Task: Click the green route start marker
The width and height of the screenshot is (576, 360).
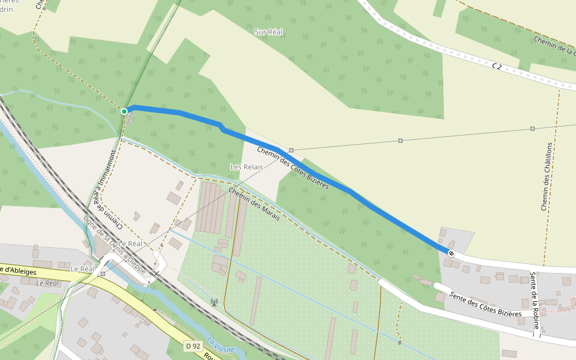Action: click(x=124, y=111)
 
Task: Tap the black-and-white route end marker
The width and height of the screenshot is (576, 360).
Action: click(x=451, y=253)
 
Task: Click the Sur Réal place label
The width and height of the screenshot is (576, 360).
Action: click(x=268, y=32)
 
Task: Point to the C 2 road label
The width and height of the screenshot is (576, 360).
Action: click(x=496, y=65)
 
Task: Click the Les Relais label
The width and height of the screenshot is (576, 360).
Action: click(x=244, y=166)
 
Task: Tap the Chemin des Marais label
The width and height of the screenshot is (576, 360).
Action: click(x=254, y=203)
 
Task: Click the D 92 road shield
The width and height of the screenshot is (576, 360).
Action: click(x=192, y=346)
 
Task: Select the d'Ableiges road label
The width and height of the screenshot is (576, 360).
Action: click(x=18, y=271)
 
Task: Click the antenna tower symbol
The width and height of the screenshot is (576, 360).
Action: click(x=214, y=302)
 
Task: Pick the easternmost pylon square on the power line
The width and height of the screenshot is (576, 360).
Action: click(x=532, y=128)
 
